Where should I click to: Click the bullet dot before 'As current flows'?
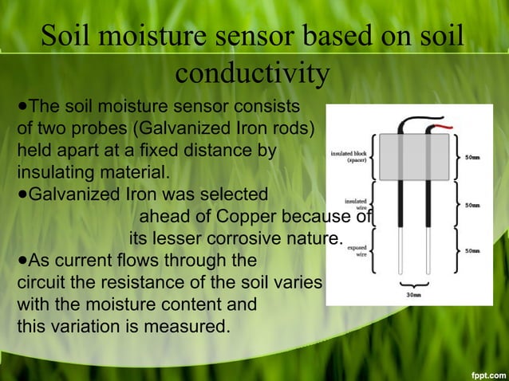22,260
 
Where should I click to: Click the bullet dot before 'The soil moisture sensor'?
22,106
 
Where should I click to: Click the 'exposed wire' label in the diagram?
357,251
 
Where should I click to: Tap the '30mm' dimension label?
413,293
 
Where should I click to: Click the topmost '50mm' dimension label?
472,156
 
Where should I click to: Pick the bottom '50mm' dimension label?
472,250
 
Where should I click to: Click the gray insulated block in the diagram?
412,156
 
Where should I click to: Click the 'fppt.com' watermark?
487,374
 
